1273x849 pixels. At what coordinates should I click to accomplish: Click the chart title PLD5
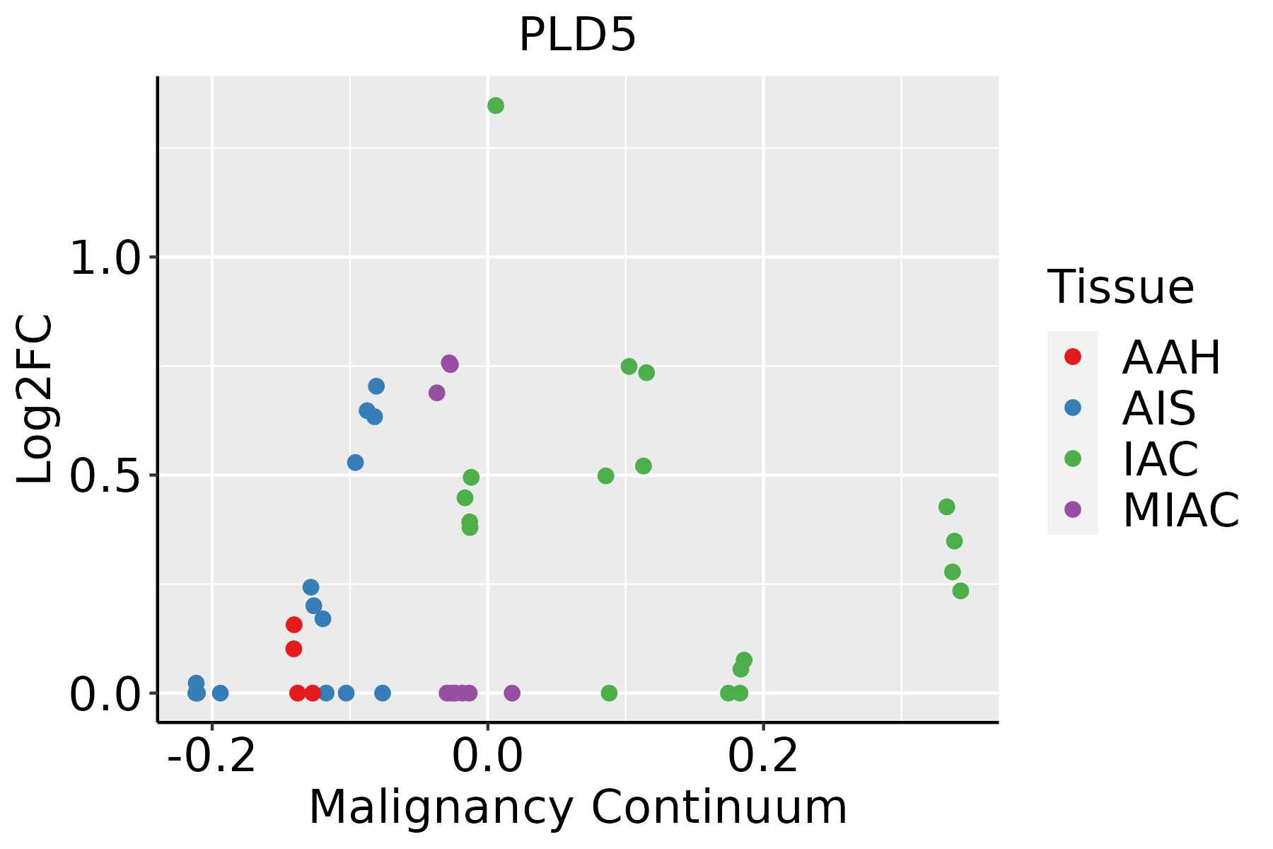click(x=577, y=35)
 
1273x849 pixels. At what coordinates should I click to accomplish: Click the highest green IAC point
click(x=496, y=105)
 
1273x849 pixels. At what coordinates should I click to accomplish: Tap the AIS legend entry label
click(x=1158, y=408)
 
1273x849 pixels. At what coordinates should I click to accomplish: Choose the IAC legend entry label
click(x=1160, y=459)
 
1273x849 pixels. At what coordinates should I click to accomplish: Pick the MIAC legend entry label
click(x=1180, y=510)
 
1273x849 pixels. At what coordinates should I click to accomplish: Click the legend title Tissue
click(x=1120, y=287)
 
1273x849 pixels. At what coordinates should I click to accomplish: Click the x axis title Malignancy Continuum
click(x=577, y=807)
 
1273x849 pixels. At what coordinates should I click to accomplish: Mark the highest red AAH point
click(x=294, y=625)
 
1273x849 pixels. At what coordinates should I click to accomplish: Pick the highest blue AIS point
click(x=376, y=386)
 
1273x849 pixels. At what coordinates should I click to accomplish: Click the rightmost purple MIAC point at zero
click(x=513, y=693)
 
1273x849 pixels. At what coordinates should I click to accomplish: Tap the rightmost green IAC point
click(x=960, y=591)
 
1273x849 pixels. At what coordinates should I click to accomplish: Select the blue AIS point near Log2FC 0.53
click(x=356, y=463)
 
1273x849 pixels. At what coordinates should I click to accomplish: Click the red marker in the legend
click(x=1073, y=357)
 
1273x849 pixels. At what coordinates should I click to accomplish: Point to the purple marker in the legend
click(x=1073, y=509)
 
